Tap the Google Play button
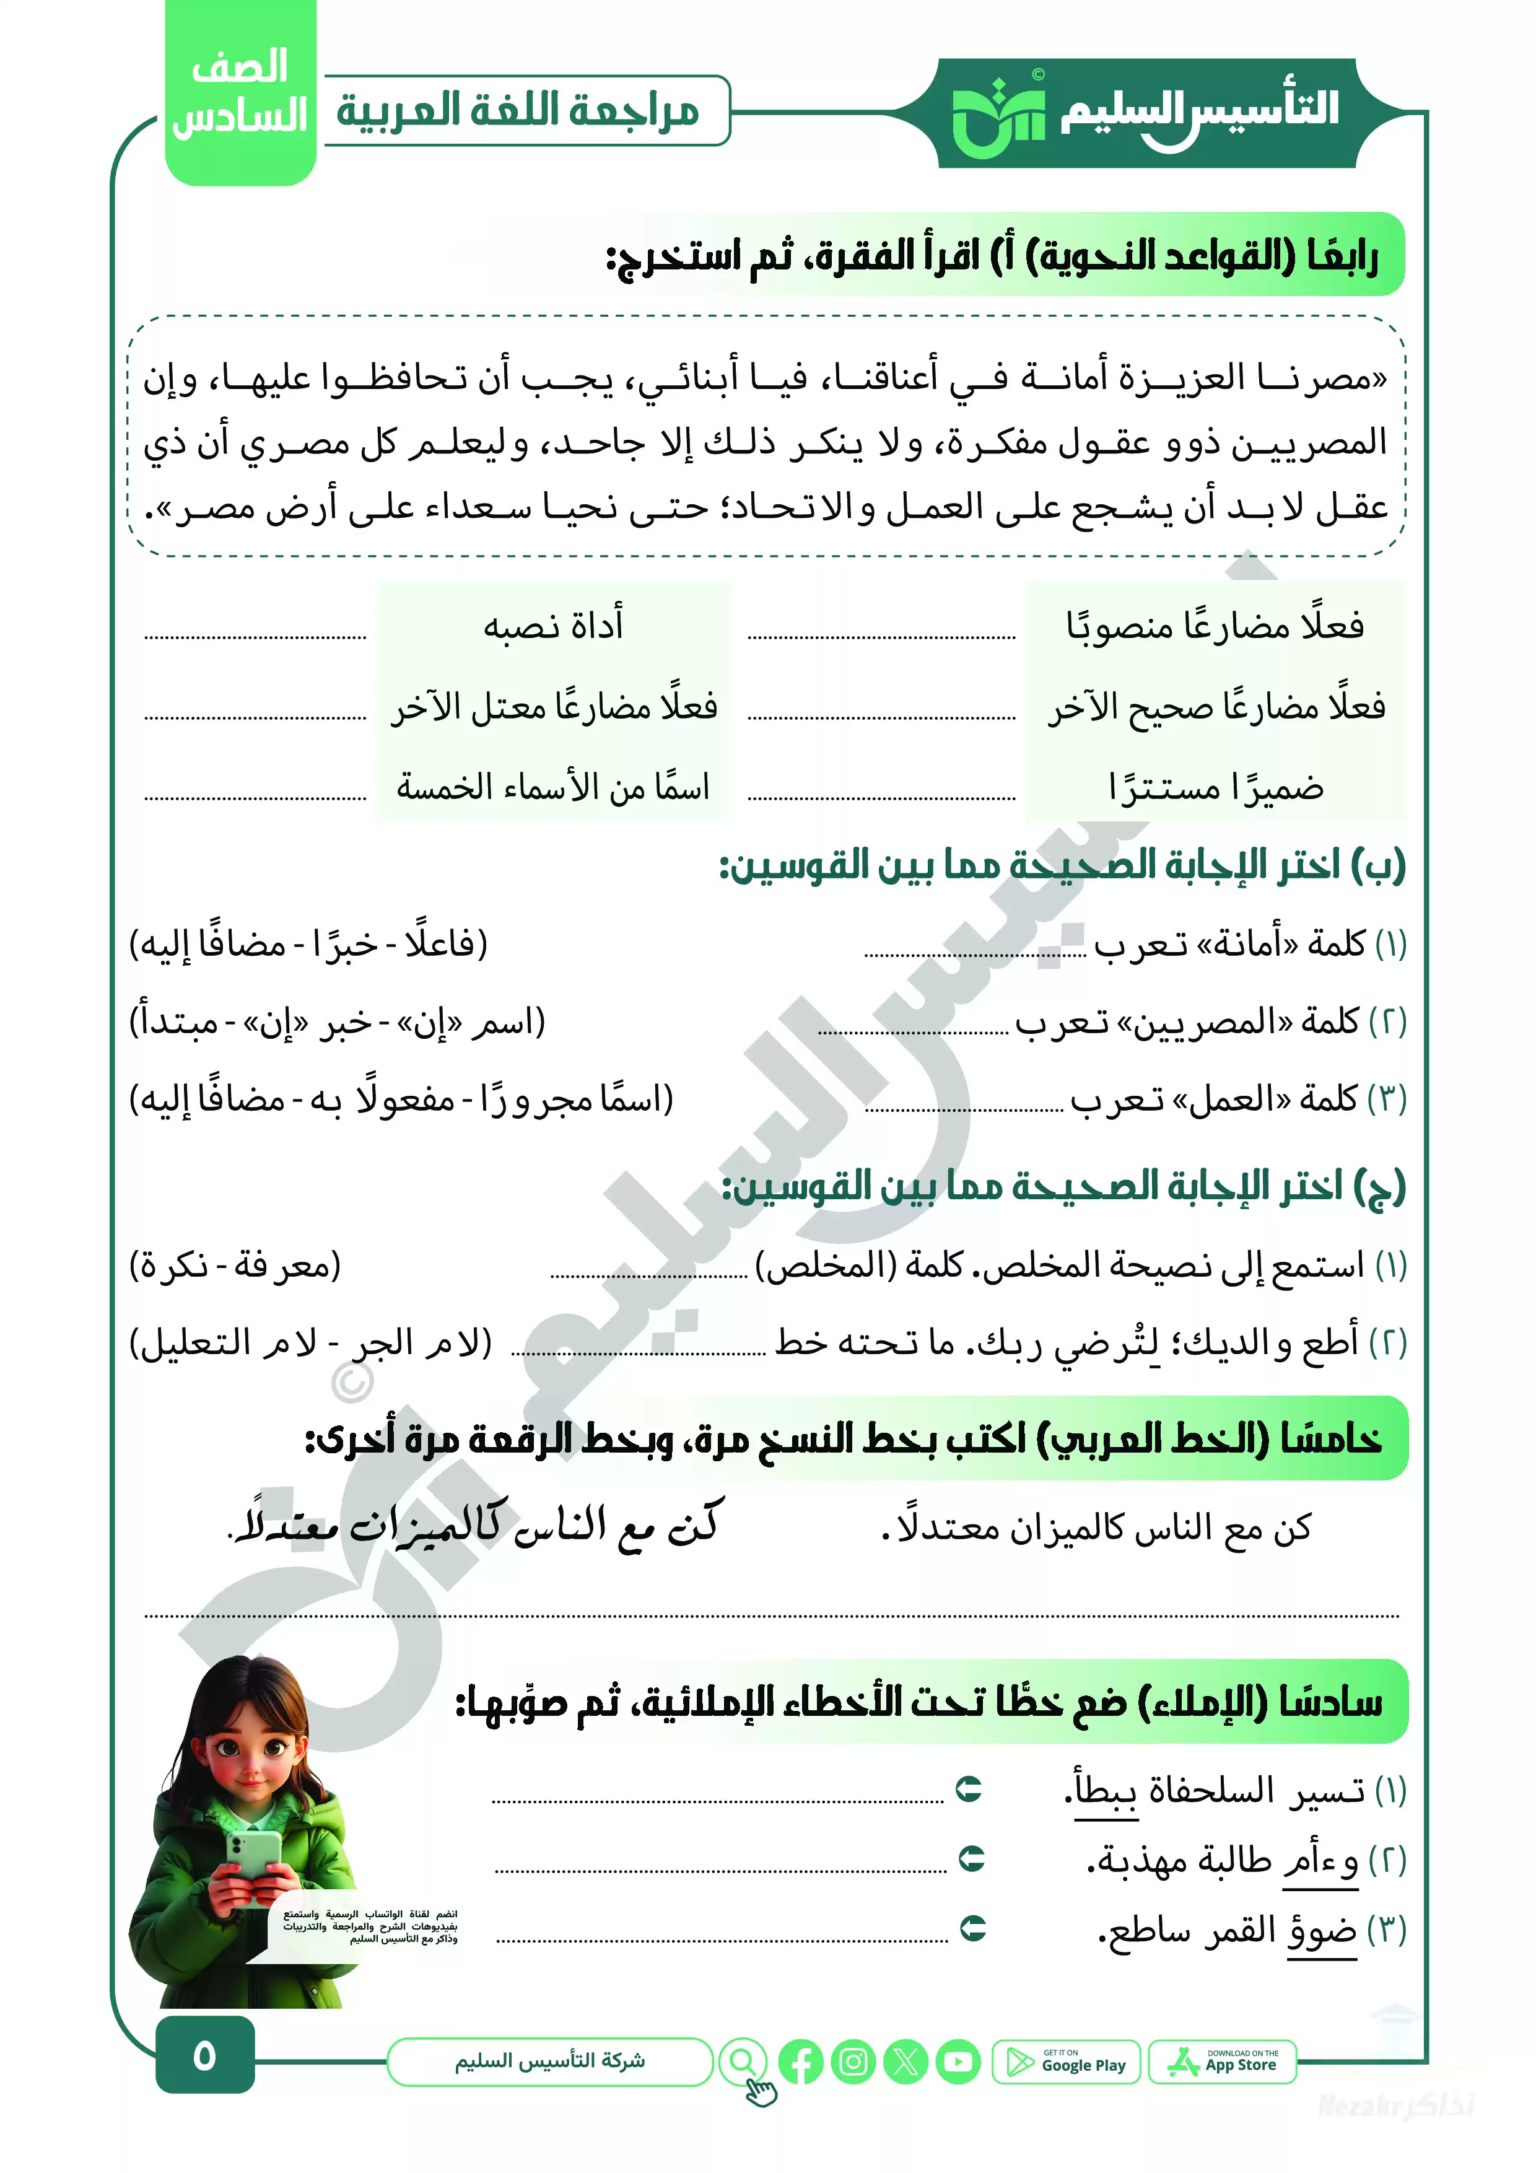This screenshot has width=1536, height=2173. [x=1066, y=2062]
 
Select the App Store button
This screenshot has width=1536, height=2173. [x=1222, y=2062]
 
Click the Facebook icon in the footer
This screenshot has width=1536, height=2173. [x=801, y=2062]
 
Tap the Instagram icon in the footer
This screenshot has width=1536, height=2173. [x=853, y=2062]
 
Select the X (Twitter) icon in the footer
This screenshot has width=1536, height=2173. [x=905, y=2062]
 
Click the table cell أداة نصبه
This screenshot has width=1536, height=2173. [x=554, y=626]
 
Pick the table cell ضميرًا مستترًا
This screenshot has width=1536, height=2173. [x=1216, y=787]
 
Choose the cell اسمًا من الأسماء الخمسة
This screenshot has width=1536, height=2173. [x=554, y=787]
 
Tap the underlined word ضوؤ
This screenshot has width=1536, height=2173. [x=1321, y=1929]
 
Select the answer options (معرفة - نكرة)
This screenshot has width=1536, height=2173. [x=235, y=1264]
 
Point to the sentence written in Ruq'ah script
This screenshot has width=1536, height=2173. [x=476, y=1524]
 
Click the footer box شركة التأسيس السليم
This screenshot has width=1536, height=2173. [x=550, y=2062]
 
